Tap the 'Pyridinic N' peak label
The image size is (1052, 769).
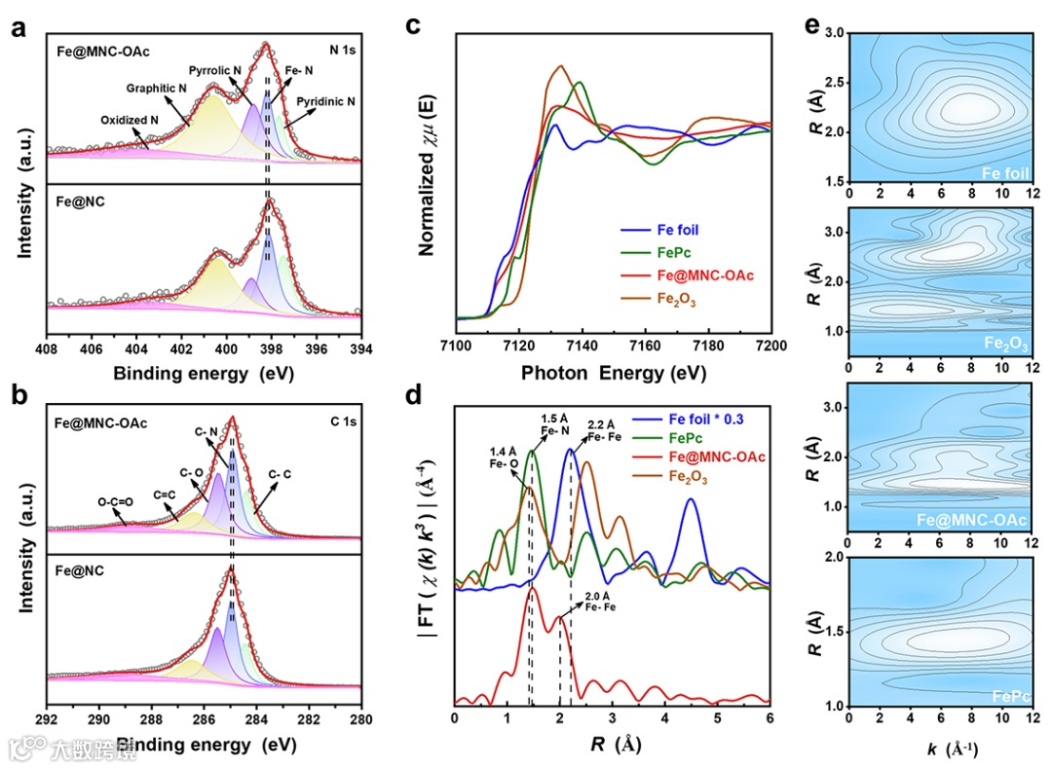325,101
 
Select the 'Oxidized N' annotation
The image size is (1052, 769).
130,121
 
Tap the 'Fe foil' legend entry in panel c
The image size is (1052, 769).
673,231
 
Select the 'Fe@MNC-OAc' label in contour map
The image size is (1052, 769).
980,520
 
